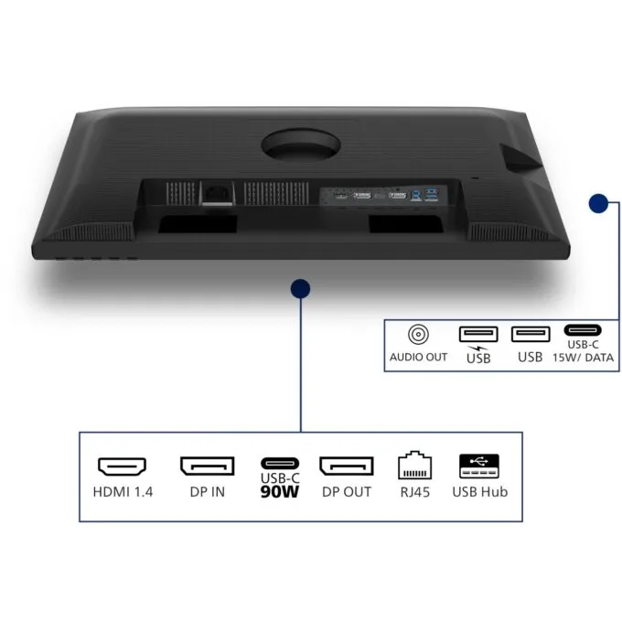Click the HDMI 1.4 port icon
tap(123, 466)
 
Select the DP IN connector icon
tap(207, 466)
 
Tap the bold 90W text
tap(280, 492)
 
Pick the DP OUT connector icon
tap(347, 466)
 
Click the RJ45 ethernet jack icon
tap(414, 465)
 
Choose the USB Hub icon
tap(479, 466)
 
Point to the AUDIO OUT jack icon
tap(418, 335)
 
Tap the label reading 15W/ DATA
tap(584, 358)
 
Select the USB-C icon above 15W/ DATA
tap(583, 329)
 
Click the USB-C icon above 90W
tap(280, 463)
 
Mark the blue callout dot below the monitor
tap(300, 288)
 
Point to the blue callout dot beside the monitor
tap(598, 203)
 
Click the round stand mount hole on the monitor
tap(301, 145)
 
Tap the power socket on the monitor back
tap(217, 193)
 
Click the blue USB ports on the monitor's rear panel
tap(424, 194)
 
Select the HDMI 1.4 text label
tap(123, 492)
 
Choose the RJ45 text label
tap(415, 492)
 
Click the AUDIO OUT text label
tap(418, 357)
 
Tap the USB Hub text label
tap(479, 492)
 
